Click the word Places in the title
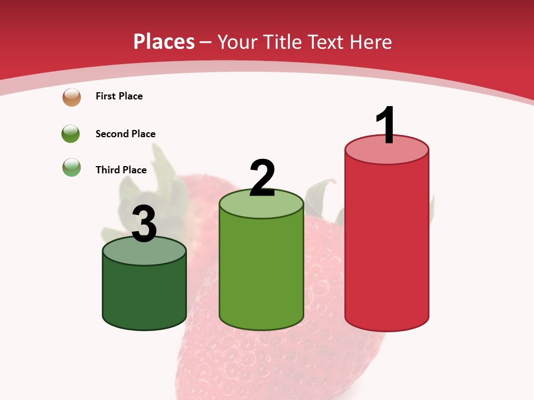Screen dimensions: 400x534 tap(164, 42)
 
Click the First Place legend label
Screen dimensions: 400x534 tap(119, 96)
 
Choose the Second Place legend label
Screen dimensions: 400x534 tap(125, 134)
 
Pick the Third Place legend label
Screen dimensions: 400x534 tap(121, 170)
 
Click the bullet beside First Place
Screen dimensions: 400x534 tap(72, 97)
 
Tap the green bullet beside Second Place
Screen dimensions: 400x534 tap(71, 134)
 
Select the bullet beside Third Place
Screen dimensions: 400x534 tap(72, 167)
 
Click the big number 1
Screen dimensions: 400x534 tap(386, 126)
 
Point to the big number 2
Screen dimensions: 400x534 tap(262, 178)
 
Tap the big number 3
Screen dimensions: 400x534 tap(144, 224)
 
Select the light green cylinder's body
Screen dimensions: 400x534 tap(261, 272)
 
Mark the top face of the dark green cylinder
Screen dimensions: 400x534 tap(144, 253)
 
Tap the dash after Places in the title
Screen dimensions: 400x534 tap(205, 42)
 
